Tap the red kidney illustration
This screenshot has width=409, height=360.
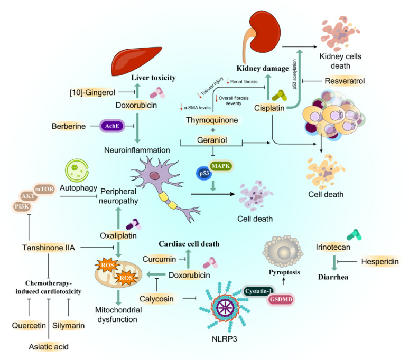pyautogui.click(x=262, y=33)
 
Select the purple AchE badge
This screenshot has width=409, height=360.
pyautogui.click(x=112, y=126)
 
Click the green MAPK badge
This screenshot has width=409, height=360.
pyautogui.click(x=221, y=166)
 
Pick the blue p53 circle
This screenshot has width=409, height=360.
pyautogui.click(x=204, y=174)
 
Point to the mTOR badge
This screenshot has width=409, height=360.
pyautogui.click(x=44, y=189)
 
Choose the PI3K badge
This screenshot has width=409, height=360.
pyautogui.click(x=22, y=207)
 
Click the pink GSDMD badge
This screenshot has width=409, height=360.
pyautogui.click(x=281, y=300)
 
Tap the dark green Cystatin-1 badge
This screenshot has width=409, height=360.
pyautogui.click(x=259, y=291)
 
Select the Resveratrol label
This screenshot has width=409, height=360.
pyautogui.click(x=345, y=81)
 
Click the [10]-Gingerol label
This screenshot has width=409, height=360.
pyautogui.click(x=92, y=92)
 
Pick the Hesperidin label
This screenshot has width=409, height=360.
pyautogui.click(x=380, y=261)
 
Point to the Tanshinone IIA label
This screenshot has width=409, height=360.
pyautogui.click(x=49, y=248)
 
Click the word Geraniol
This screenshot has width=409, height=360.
pyautogui.click(x=212, y=140)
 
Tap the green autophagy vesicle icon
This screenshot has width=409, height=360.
pyautogui.click(x=77, y=170)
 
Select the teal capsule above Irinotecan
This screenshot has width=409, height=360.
pyautogui.click(x=354, y=235)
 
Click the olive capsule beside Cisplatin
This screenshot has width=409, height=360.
pyautogui.click(x=280, y=96)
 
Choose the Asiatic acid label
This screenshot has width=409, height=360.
pyautogui.click(x=49, y=347)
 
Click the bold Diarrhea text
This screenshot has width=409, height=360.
pyautogui.click(x=333, y=277)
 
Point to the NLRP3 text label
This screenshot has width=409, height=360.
pyautogui.click(x=225, y=339)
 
